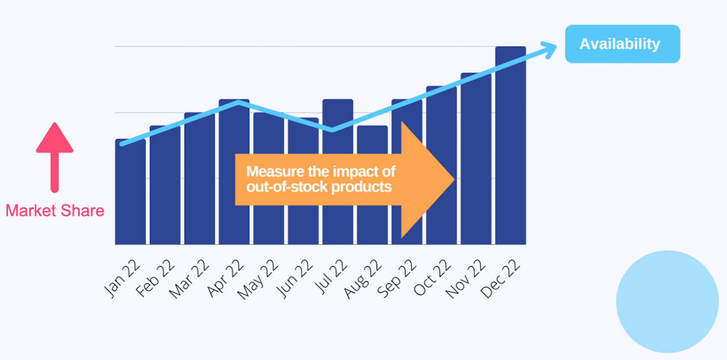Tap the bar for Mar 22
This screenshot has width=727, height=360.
[199, 182]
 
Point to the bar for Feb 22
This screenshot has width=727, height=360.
[165, 187]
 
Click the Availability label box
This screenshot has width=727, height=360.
[622, 44]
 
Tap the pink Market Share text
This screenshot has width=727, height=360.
[55, 211]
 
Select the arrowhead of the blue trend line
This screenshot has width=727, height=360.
[550, 50]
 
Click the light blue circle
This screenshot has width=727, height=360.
[667, 301]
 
